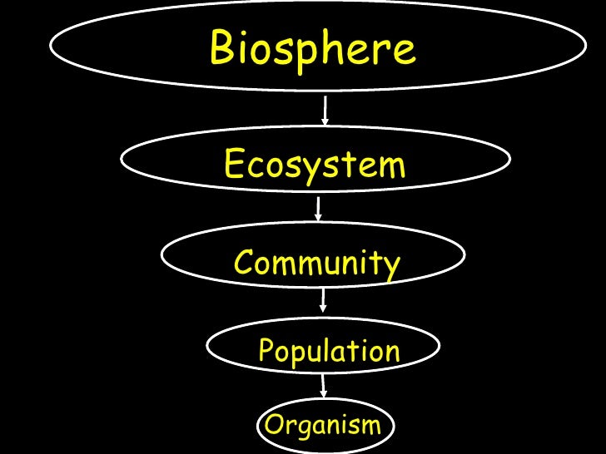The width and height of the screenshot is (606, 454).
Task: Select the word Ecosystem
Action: tap(315, 164)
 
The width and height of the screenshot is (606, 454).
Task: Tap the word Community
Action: tap(317, 264)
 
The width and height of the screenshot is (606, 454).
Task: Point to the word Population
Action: tap(330, 351)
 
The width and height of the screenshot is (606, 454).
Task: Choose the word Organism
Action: tap(321, 426)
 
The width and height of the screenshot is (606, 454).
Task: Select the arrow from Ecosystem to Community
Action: tap(319, 209)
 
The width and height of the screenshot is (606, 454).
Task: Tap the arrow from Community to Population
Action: tap(323, 300)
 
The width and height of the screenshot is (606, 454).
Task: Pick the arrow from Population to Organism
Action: tap(323, 385)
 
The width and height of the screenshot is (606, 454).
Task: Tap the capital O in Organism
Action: tap(273, 426)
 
